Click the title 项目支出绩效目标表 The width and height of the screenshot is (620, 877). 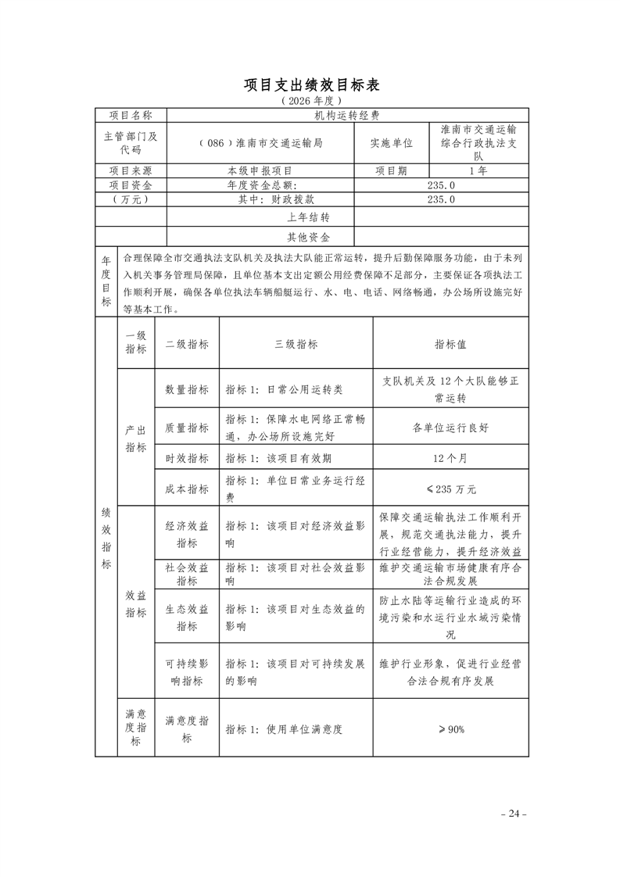click(311, 84)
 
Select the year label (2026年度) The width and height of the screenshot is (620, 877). click(311, 102)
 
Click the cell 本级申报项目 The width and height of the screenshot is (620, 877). click(260, 170)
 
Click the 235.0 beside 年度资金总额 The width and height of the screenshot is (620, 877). click(441, 185)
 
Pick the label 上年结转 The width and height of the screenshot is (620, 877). click(309, 217)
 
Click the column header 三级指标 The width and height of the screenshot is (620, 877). click(296, 344)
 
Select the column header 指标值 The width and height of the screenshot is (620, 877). click(450, 344)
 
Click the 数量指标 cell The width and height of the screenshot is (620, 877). click(187, 389)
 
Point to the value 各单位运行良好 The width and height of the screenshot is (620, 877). click(450, 428)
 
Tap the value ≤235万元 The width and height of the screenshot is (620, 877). click(450, 489)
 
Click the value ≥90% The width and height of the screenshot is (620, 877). click(450, 729)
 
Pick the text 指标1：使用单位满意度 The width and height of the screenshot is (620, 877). click(284, 729)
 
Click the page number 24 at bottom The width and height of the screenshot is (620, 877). click(514, 814)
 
